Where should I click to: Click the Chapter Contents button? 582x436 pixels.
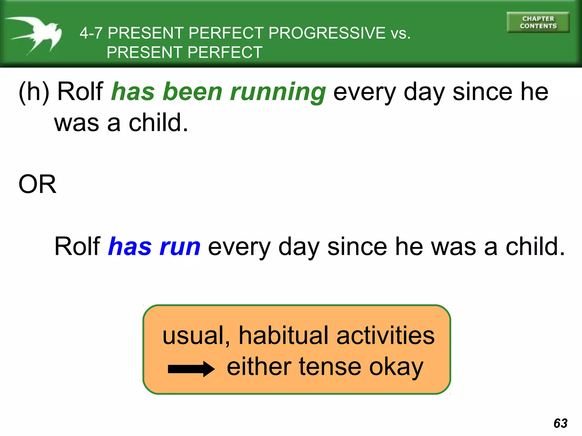[538, 22]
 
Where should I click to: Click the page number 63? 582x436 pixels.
[560, 423]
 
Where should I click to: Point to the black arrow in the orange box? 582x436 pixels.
[191, 369]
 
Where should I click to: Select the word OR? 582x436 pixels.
[37, 184]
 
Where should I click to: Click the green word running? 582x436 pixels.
[278, 92]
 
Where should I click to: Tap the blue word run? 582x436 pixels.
[180, 246]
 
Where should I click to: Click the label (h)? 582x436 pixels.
[34, 92]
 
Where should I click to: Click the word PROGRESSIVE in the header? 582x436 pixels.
[327, 33]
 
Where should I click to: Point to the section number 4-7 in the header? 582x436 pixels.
[91, 33]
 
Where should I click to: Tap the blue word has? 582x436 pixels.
[130, 246]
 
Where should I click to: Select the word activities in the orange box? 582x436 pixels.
[385, 336]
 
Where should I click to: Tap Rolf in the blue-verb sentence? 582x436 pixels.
[77, 246]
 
